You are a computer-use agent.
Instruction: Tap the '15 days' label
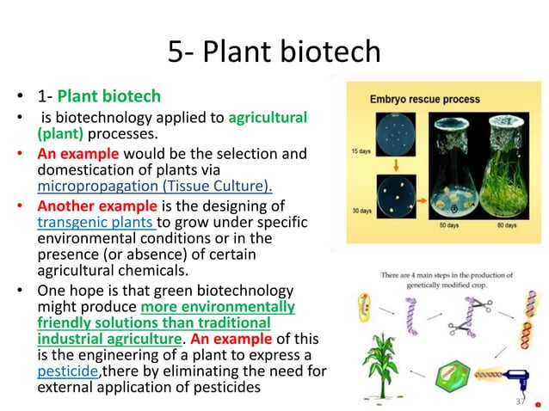362,151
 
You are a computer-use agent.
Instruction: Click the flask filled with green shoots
506,172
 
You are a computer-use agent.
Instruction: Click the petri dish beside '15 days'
398,136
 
